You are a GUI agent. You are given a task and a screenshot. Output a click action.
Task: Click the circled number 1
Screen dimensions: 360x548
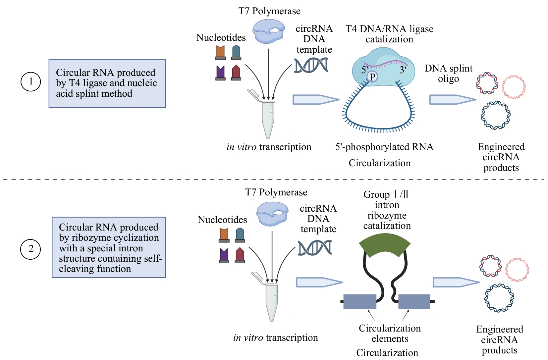pos(31,81)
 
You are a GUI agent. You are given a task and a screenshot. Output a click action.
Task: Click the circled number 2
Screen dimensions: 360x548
pos(31,249)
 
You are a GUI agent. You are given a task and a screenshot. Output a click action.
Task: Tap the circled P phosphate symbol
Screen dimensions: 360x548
pos(372,77)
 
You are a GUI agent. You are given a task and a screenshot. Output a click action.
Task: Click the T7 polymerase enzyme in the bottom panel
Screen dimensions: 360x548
pos(272,214)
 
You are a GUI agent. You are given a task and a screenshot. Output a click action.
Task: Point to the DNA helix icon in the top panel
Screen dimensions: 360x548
pos(311,65)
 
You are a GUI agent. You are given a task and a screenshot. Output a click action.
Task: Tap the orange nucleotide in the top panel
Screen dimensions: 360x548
pos(220,52)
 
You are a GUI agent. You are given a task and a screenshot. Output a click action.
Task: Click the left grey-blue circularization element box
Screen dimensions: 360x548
pos(360,301)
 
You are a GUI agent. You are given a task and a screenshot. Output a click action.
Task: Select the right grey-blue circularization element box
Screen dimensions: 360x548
pos(414,301)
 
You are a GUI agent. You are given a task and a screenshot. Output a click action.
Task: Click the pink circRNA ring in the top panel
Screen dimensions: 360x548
pos(514,87)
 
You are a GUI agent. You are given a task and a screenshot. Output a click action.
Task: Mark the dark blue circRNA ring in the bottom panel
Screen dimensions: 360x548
pos(499,298)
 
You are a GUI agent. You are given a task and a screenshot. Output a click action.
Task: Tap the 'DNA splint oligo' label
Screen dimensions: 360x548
pos(448,74)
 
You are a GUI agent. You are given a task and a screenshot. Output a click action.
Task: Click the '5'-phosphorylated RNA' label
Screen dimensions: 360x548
pos(384,147)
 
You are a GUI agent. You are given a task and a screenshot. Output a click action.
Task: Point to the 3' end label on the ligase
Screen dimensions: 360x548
pos(403,70)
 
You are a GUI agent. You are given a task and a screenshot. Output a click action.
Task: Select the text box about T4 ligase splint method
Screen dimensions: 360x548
pos(107,83)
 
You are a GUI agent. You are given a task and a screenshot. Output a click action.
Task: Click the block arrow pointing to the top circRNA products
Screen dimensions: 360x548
pos(452,99)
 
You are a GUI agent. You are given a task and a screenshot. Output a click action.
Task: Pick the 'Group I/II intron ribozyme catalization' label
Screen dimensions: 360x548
pos(387,210)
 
